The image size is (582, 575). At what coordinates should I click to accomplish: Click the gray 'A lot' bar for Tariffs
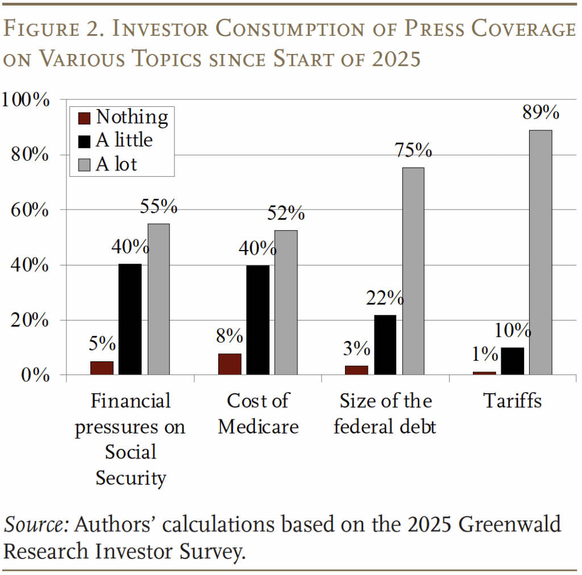tap(541, 252)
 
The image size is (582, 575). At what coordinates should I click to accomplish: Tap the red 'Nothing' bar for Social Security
tap(102, 368)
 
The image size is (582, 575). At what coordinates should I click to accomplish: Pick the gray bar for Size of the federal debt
tap(413, 271)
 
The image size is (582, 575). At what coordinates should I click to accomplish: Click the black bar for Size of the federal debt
tap(385, 345)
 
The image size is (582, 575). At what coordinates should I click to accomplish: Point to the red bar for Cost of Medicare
tap(230, 364)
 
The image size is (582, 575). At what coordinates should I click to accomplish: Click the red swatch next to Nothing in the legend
tap(84, 118)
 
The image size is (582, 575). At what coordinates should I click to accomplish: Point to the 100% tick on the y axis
tap(25, 100)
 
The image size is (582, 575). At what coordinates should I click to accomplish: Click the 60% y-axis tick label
tap(30, 210)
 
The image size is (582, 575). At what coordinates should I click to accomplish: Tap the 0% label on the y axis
tap(35, 376)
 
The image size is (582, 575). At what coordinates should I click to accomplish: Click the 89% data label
tap(541, 113)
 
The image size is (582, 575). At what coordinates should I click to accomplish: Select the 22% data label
tap(385, 298)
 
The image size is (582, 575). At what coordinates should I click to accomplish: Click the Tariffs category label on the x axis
tap(513, 401)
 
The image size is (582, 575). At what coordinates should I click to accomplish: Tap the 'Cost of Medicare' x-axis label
tap(258, 414)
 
